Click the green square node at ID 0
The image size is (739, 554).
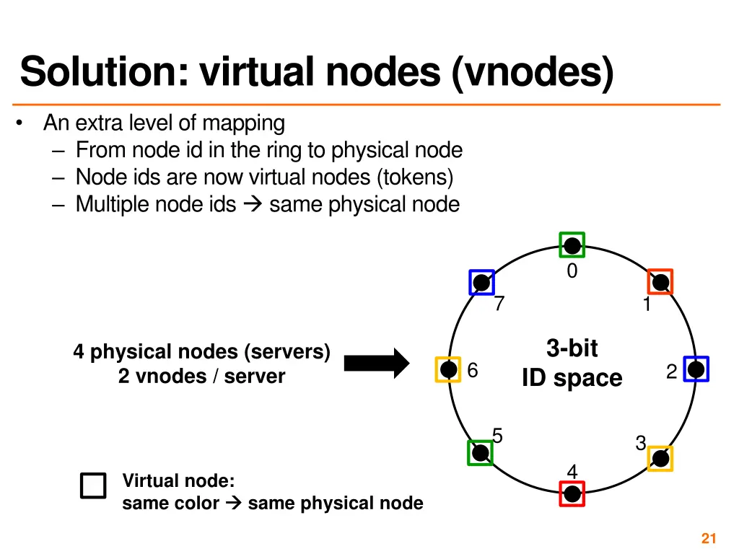pyautogui.click(x=572, y=245)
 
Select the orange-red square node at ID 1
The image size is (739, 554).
pyautogui.click(x=660, y=281)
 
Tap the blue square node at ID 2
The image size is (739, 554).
pyautogui.click(x=696, y=369)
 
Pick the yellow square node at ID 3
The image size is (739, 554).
pyautogui.click(x=660, y=458)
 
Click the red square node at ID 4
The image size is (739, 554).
pyautogui.click(x=572, y=493)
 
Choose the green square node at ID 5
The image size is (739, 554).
pyautogui.click(x=480, y=452)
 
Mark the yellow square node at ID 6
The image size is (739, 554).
pyautogui.click(x=447, y=369)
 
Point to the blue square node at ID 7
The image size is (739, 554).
pyautogui.click(x=481, y=282)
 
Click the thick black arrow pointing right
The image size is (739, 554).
pyautogui.click(x=376, y=363)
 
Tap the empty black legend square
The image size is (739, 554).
pyautogui.click(x=93, y=485)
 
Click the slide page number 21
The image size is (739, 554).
pyautogui.click(x=708, y=538)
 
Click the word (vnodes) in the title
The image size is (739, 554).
pyautogui.click(x=533, y=72)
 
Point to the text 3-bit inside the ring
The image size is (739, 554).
pyautogui.click(x=572, y=348)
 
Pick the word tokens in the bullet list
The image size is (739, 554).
pyautogui.click(x=420, y=177)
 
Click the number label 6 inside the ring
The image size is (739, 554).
pyautogui.click(x=473, y=370)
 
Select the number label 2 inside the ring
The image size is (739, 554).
pyautogui.click(x=671, y=371)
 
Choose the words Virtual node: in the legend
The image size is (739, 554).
pyautogui.click(x=178, y=480)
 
